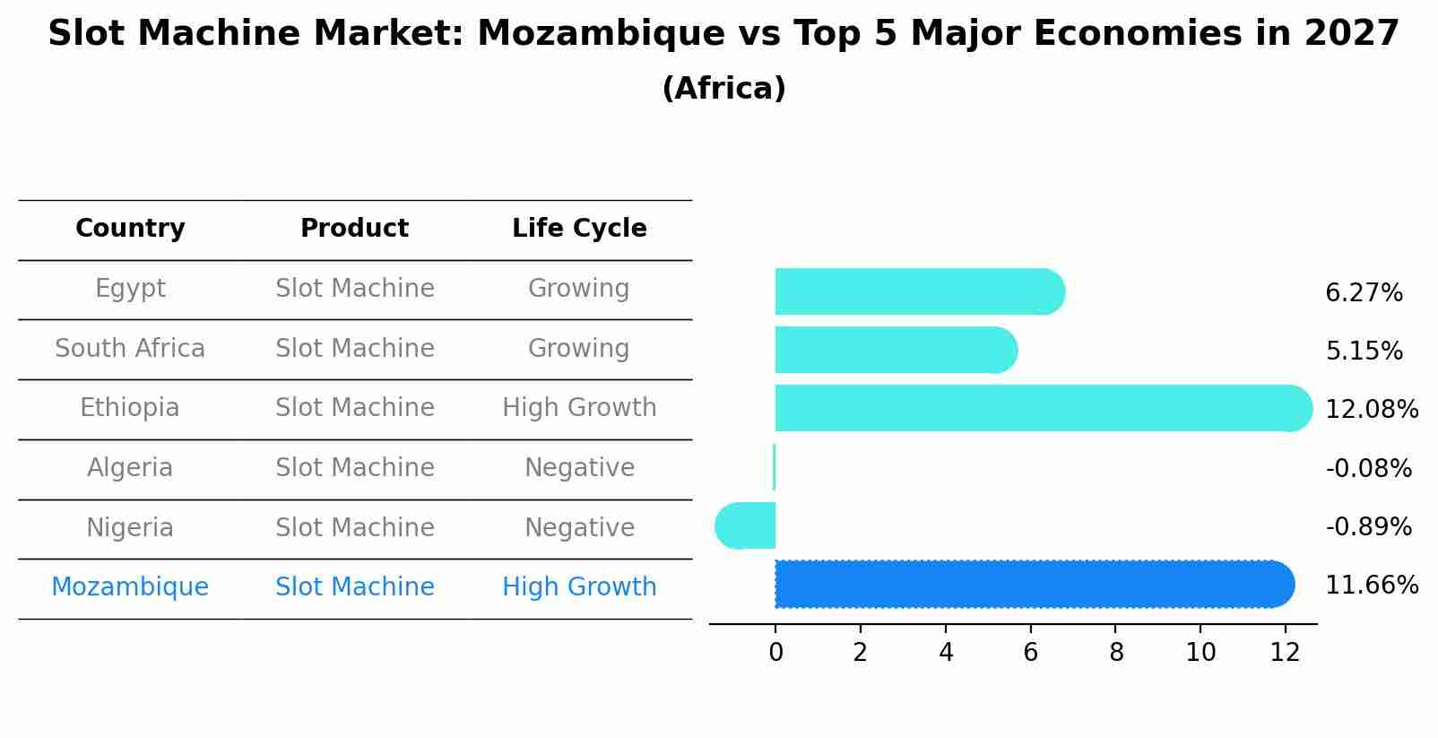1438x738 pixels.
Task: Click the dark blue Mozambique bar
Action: coord(1031,585)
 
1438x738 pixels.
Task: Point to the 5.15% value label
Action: coord(1364,351)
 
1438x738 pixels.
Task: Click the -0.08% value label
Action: coord(1368,468)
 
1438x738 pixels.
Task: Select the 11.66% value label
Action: coord(1372,586)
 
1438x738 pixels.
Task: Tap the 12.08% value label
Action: coord(1372,410)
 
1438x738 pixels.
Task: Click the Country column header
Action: coord(130,229)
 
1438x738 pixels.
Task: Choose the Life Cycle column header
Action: coord(579,229)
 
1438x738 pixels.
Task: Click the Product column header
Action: coord(354,229)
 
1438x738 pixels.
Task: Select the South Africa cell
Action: coord(130,348)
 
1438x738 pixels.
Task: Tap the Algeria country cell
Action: coord(130,467)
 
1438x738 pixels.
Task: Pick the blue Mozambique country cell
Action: coord(130,586)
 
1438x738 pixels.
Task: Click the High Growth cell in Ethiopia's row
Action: coord(579,408)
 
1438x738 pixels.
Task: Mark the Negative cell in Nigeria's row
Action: coord(579,527)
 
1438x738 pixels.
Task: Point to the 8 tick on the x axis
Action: coord(1115,653)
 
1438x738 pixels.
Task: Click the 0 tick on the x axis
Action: coord(775,653)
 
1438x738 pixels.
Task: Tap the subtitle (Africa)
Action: coord(723,89)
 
